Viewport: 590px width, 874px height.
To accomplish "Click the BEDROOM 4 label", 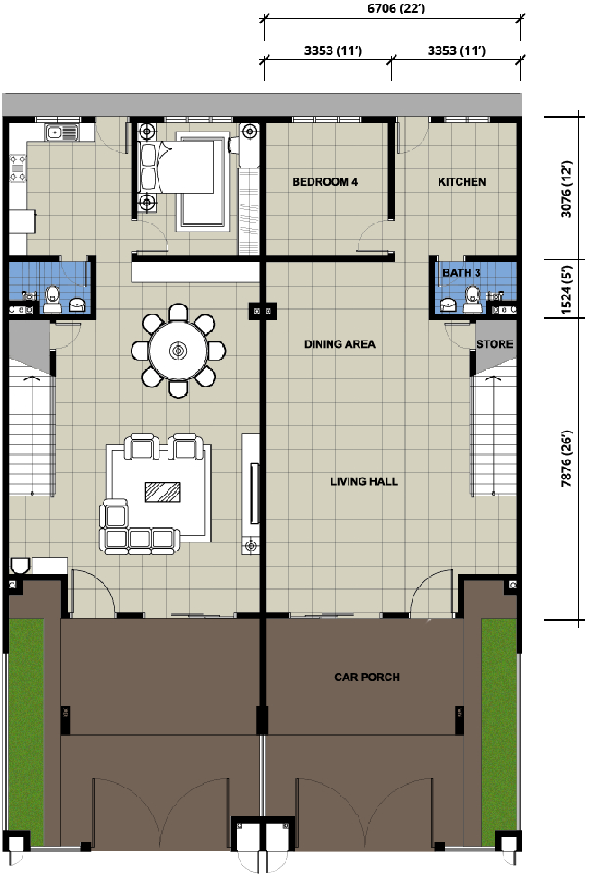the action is click(x=325, y=182).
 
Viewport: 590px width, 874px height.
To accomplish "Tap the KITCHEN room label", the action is click(x=462, y=182).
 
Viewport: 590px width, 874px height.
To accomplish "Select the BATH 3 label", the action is click(x=461, y=273).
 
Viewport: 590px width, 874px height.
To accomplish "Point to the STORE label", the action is click(x=495, y=344).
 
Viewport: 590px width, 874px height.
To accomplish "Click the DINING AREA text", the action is click(x=340, y=344).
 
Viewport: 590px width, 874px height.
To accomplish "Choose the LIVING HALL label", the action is click(x=364, y=481).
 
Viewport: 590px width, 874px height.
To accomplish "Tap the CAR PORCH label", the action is click(x=368, y=678).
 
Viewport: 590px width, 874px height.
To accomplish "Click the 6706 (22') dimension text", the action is click(x=396, y=8).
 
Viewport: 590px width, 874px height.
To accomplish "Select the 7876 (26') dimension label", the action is click(x=567, y=459).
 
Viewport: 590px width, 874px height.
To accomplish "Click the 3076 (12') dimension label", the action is click(x=567, y=189).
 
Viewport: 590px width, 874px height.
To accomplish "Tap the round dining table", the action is click(x=178, y=351).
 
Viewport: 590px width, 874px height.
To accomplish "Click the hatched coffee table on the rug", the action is click(x=163, y=492).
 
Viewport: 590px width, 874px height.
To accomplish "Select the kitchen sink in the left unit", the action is click(x=62, y=132).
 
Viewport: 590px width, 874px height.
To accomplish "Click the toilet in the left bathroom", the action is click(x=52, y=298).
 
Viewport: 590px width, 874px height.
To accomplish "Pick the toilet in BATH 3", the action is click(x=472, y=298).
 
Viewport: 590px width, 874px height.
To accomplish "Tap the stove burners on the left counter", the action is click(x=18, y=168).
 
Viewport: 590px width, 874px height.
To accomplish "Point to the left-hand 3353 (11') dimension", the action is click(x=333, y=50).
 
